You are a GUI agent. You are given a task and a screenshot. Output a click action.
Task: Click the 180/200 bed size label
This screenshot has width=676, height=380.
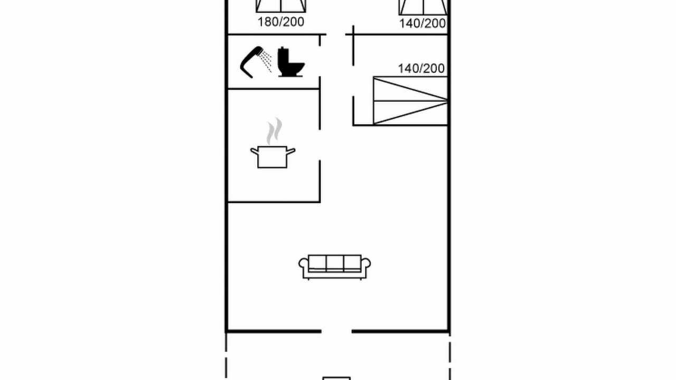tap(280, 22)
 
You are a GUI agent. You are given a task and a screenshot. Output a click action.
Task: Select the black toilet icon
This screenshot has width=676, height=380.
tap(290, 62)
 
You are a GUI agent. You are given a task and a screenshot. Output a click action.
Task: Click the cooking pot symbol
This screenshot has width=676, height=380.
tap(273, 157)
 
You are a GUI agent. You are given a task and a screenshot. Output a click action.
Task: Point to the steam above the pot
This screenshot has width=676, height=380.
tap(274, 131)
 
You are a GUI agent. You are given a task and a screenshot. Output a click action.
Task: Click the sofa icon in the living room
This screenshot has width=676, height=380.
tap(335, 267)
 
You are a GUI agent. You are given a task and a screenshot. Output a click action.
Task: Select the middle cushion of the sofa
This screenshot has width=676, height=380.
tap(335, 263)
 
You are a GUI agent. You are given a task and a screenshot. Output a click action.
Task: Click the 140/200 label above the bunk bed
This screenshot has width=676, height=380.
tap(421, 69)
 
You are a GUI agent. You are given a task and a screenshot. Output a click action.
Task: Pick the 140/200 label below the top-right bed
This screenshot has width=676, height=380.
tap(422, 24)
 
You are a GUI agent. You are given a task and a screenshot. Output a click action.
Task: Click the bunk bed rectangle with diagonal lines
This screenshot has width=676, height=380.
tap(410, 100)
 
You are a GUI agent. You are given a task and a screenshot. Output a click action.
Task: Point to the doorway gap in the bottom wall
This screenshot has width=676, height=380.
tap(336, 331)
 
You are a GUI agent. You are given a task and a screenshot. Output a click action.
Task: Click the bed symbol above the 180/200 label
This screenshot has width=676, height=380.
tap(281, 6)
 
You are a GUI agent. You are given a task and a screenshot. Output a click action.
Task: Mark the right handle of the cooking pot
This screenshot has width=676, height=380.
tap(290, 151)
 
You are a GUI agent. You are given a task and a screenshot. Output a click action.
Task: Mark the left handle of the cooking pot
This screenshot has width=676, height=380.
tap(255, 151)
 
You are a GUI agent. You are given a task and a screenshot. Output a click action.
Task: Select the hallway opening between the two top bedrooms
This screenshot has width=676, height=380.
tap(336, 34)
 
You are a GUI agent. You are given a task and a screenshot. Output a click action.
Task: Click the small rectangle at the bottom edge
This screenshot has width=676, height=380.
tap(336, 378)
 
